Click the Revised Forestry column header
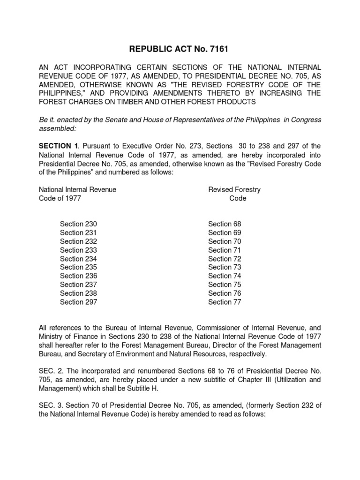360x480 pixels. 234,189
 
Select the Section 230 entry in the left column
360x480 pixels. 78,224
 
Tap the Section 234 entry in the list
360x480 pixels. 78,259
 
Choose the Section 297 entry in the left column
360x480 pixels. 78,302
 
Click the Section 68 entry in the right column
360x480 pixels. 225,224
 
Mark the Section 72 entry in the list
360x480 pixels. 225,259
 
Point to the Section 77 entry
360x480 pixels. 225,302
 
